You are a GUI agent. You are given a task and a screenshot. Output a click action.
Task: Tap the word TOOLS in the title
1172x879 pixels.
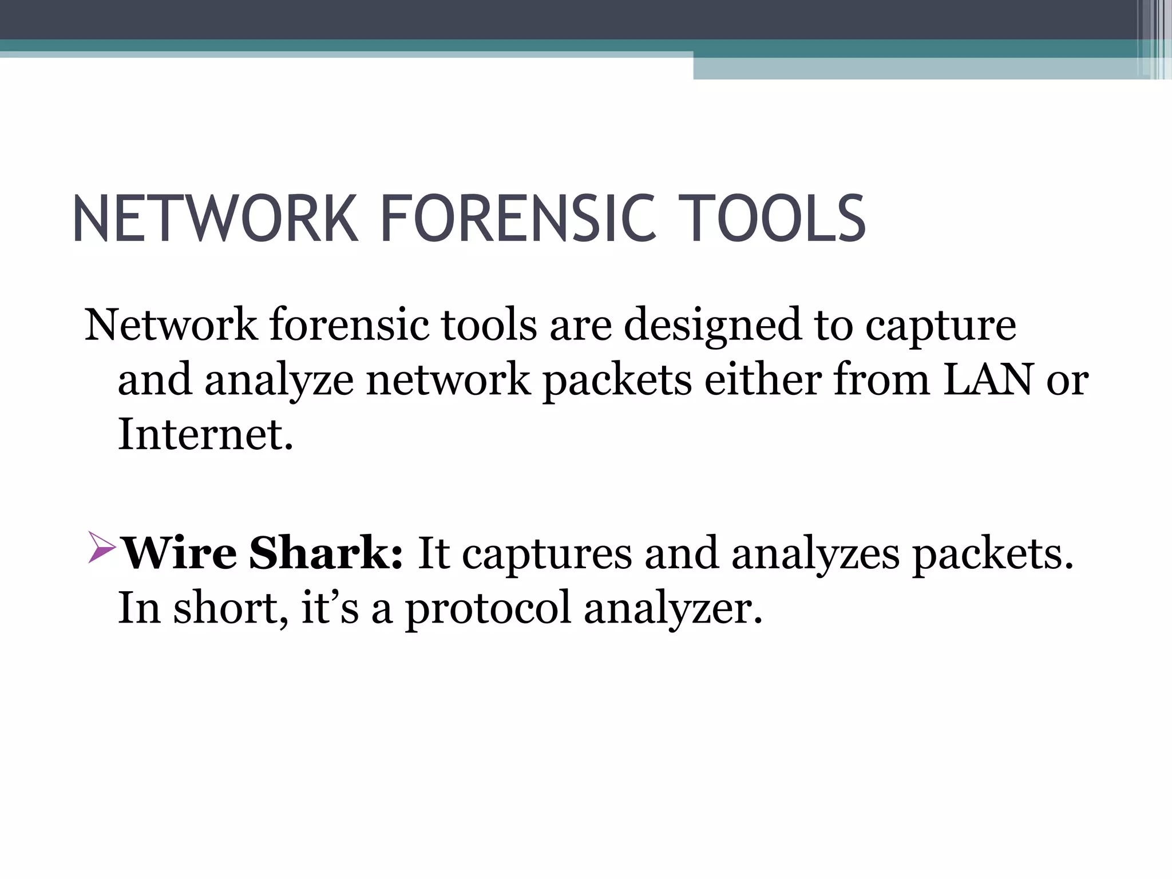(775, 219)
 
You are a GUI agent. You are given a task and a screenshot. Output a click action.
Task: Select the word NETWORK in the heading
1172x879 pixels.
(215, 219)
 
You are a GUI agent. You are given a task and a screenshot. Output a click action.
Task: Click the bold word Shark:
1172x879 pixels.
(326, 553)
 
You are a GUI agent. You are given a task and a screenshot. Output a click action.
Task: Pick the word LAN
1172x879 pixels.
(988, 380)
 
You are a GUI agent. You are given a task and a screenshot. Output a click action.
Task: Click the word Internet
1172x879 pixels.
(205, 434)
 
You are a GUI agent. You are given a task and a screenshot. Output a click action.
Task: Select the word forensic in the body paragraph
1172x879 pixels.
(349, 325)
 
